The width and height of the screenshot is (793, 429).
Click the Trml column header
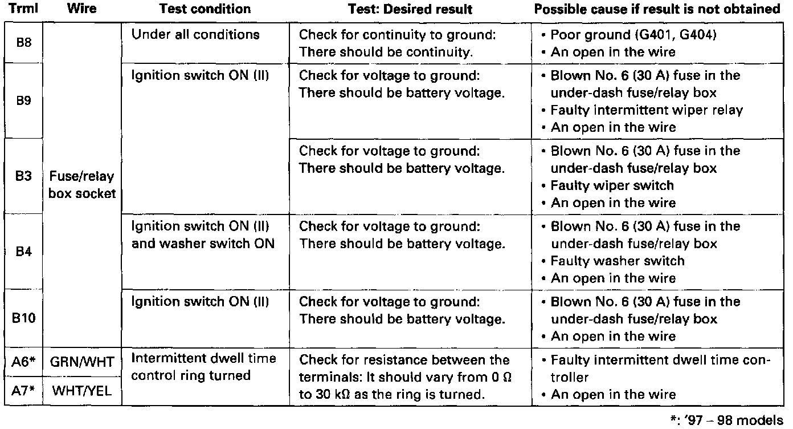(24, 9)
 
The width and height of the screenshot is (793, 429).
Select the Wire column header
(81, 9)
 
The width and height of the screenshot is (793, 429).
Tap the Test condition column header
(205, 9)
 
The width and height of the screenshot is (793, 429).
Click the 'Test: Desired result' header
(410, 9)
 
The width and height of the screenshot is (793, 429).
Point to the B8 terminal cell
(24, 43)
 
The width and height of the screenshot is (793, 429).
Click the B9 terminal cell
(24, 101)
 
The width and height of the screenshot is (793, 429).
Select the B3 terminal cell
(24, 176)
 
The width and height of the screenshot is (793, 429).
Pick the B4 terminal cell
(24, 252)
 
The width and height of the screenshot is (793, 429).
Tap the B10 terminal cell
(24, 318)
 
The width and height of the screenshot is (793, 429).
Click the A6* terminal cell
(24, 362)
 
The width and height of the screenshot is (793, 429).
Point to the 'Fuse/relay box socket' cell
(81, 185)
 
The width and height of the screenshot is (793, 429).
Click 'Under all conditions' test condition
(195, 34)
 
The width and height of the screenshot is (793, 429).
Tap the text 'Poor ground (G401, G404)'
(633, 35)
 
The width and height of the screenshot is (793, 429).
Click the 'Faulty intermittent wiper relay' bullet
(647, 110)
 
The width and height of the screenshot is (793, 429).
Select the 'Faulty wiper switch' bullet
(612, 185)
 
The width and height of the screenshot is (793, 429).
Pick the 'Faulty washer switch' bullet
(618, 261)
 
